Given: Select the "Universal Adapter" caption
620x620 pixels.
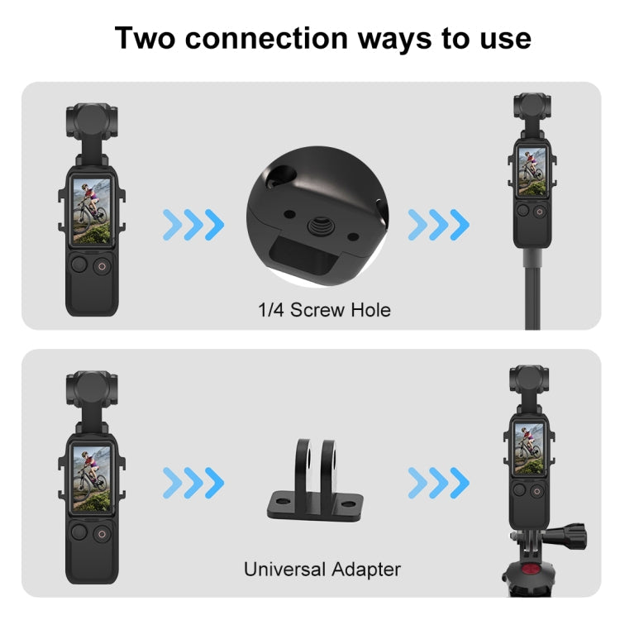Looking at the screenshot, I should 322,569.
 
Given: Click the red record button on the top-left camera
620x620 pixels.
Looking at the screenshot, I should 102,266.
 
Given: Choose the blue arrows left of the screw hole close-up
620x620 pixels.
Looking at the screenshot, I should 194,223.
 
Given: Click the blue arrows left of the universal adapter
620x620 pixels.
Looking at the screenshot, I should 194,480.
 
